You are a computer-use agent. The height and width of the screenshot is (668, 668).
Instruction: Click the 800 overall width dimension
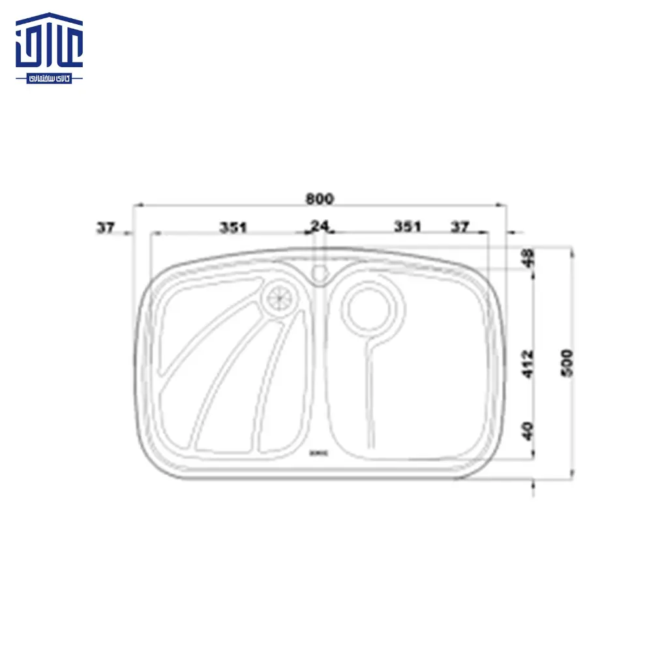(320, 198)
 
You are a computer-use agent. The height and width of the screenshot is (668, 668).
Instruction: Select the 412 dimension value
(528, 363)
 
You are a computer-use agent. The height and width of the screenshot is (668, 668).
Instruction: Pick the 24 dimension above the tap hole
(320, 226)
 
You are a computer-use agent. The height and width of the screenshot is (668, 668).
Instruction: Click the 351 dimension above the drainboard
(233, 227)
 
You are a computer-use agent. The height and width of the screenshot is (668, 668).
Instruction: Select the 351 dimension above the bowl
(407, 227)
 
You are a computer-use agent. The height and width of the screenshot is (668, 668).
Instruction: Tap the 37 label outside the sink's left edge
(105, 228)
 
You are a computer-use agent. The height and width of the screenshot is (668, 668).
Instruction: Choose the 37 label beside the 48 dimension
(461, 227)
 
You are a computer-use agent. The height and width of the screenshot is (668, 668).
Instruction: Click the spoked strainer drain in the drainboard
(280, 298)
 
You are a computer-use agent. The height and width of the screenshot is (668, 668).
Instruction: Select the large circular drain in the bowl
(369, 306)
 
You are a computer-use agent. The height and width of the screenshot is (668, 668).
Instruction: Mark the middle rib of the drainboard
(228, 378)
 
